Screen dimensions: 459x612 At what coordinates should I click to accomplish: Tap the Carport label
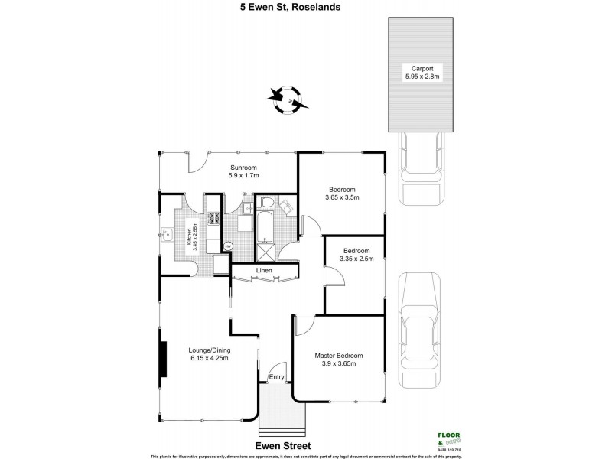418,67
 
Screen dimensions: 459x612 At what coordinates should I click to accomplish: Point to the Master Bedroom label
338,356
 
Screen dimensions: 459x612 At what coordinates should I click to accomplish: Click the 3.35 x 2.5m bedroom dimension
356,259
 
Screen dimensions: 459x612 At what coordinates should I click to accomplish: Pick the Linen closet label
264,271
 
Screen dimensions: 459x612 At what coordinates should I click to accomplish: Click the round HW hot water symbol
227,246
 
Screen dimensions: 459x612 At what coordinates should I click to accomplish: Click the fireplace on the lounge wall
163,359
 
